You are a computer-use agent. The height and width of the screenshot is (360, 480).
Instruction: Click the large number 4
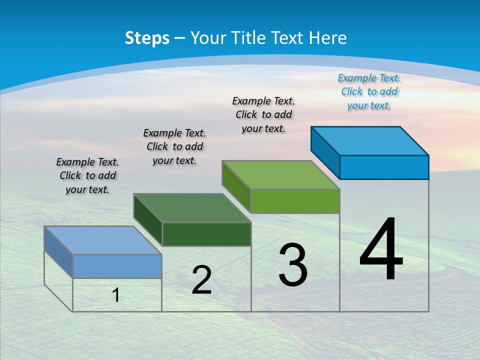point(381,250)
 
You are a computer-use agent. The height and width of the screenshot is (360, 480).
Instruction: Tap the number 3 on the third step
point(293,265)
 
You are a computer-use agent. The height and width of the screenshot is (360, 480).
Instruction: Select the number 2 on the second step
point(201,280)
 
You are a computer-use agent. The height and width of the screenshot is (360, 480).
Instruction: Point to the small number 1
point(116,295)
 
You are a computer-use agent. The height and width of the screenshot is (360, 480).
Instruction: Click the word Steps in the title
point(147,38)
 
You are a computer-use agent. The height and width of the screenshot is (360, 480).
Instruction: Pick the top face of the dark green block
point(192,208)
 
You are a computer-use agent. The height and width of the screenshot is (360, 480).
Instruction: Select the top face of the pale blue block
point(103,240)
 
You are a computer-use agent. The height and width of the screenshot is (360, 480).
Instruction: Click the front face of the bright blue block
point(384,167)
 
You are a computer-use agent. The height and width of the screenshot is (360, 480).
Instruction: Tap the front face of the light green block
point(295,201)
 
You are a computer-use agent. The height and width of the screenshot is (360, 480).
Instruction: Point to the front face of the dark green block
point(206,234)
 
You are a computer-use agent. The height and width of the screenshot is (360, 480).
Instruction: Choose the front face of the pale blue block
point(117,266)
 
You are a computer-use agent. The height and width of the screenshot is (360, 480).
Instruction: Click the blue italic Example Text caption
point(369,91)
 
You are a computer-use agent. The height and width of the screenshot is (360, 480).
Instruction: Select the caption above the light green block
point(263,114)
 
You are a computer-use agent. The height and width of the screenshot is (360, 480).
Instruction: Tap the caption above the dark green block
point(174,146)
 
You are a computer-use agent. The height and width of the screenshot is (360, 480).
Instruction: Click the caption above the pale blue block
point(87,175)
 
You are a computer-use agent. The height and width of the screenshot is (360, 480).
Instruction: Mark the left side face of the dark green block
point(148,220)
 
